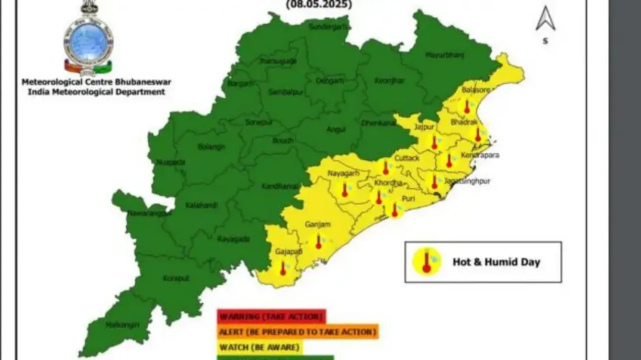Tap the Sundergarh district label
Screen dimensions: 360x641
(328, 26)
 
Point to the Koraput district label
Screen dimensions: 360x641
(176, 278)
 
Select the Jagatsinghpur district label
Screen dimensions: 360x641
(467, 181)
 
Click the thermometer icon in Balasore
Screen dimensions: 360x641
(467, 106)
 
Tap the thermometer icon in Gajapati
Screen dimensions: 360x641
(282, 269)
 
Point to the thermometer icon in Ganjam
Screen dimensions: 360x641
(318, 243)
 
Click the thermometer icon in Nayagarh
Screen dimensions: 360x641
(345, 190)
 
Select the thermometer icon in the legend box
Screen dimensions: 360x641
(427, 261)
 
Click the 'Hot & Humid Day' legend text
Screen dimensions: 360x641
(496, 262)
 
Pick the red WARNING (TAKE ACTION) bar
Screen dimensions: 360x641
(271, 316)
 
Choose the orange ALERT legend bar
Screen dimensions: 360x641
(297, 331)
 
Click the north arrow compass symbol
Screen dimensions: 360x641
(545, 19)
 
